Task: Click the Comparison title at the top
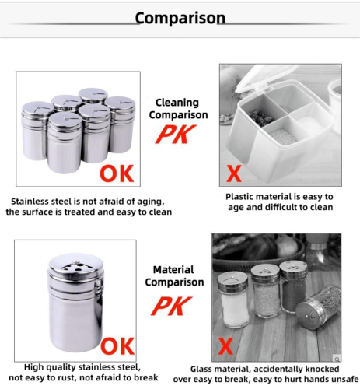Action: [180, 18]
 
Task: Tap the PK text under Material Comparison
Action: [173, 305]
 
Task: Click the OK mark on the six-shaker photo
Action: [115, 170]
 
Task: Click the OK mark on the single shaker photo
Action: [117, 345]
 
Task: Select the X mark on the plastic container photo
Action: [232, 172]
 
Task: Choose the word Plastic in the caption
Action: [243, 197]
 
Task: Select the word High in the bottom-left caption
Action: [36, 366]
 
